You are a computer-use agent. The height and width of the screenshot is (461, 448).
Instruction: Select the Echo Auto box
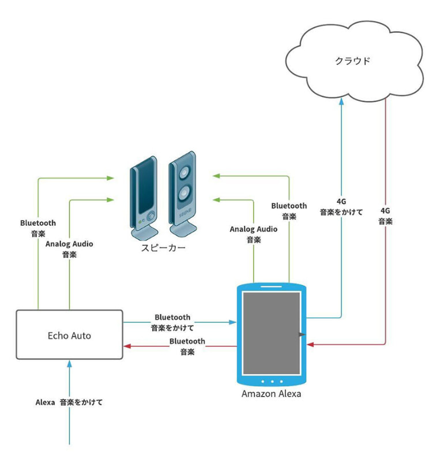69,335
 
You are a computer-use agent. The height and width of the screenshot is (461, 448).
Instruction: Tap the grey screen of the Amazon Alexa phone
272,333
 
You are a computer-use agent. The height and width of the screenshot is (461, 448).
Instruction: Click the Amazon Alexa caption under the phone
271,394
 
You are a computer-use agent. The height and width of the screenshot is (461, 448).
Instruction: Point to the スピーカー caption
164,249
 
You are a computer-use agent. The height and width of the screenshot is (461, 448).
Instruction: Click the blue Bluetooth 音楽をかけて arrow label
172,323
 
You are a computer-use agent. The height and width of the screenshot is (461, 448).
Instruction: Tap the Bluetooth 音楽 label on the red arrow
187,346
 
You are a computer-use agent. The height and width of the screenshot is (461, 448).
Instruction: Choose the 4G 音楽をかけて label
341,207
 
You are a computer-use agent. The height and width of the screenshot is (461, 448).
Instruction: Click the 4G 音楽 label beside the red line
386,216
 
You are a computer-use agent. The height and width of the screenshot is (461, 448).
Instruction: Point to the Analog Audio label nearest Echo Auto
69,249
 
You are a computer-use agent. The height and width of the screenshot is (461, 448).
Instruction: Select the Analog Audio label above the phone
253,234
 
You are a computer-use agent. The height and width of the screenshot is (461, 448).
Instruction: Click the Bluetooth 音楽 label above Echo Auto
38,228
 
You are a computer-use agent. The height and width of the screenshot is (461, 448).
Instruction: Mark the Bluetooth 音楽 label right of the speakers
289,211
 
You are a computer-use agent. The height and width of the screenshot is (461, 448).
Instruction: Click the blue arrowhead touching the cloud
341,101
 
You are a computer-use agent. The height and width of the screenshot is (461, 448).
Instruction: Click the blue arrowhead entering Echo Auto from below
69,364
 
